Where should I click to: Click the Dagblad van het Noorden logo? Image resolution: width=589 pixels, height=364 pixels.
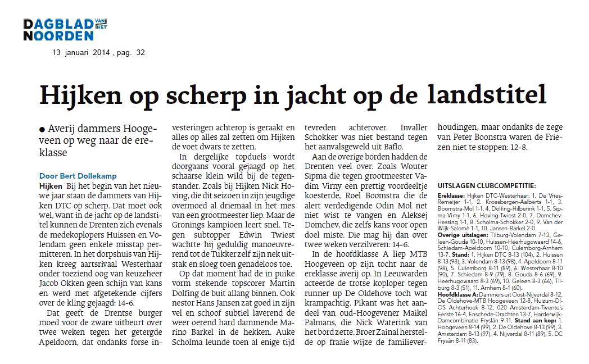point(65,29)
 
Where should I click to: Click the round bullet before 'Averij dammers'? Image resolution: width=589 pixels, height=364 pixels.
point(42,129)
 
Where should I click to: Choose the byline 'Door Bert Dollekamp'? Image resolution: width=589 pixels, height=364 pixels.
point(78,176)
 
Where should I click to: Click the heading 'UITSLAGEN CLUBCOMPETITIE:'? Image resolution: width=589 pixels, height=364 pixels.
point(486,185)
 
